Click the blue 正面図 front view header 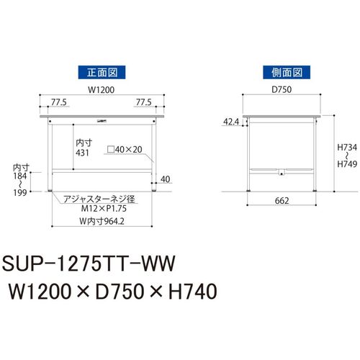point(102,72)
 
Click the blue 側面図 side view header point(287,72)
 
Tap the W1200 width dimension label point(101,90)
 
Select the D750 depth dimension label point(282,89)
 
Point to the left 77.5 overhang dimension point(59,102)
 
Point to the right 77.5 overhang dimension point(143,102)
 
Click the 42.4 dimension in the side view point(231,122)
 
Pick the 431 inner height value point(82,153)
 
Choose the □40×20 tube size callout point(125,150)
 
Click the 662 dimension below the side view point(282,201)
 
